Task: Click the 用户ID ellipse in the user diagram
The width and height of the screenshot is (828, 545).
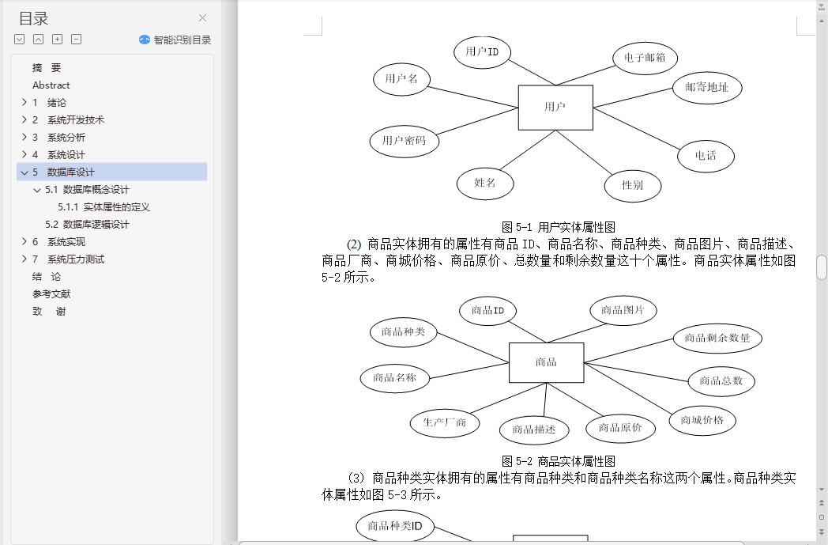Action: pos(482,51)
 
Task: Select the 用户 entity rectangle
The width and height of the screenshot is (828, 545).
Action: pos(555,108)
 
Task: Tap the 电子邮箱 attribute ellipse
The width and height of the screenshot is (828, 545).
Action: pos(645,58)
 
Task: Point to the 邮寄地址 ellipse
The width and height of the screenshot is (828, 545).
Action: pos(707,87)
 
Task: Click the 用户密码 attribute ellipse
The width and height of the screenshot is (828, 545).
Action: pos(404,141)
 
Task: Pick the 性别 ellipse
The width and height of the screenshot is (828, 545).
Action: pos(633,185)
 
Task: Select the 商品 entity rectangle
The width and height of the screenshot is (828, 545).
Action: pos(546,362)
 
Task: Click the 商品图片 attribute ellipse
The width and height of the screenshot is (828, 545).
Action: pos(623,310)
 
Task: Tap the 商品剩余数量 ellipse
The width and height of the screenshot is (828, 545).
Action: pos(717,338)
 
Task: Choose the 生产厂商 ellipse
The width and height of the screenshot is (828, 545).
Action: pos(445,422)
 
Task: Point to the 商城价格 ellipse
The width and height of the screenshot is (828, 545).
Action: pos(702,420)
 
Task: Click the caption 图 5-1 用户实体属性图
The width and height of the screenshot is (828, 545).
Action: pos(558,227)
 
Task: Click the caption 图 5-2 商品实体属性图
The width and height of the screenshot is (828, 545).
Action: pos(558,461)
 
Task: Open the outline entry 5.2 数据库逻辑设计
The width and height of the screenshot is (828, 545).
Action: pos(87,224)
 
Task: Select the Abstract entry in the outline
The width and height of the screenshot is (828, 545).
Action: pos(51,85)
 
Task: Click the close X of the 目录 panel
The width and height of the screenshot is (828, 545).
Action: pos(202,18)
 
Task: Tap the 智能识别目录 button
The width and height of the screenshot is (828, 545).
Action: pos(175,40)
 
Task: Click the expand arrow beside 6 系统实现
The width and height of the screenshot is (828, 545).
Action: pos(24,241)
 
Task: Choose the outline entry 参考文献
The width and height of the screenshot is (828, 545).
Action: pos(51,294)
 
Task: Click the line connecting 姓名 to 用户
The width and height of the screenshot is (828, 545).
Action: pos(528,150)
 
